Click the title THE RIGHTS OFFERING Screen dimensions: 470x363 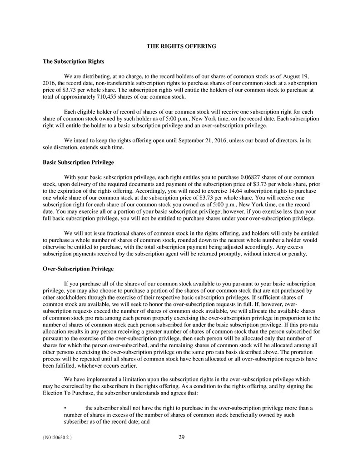pyautogui.click(x=181, y=46)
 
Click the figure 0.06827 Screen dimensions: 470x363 pyautogui.click(x=241, y=177)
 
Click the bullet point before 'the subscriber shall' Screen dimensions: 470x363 pyautogui.click(x=66, y=408)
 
